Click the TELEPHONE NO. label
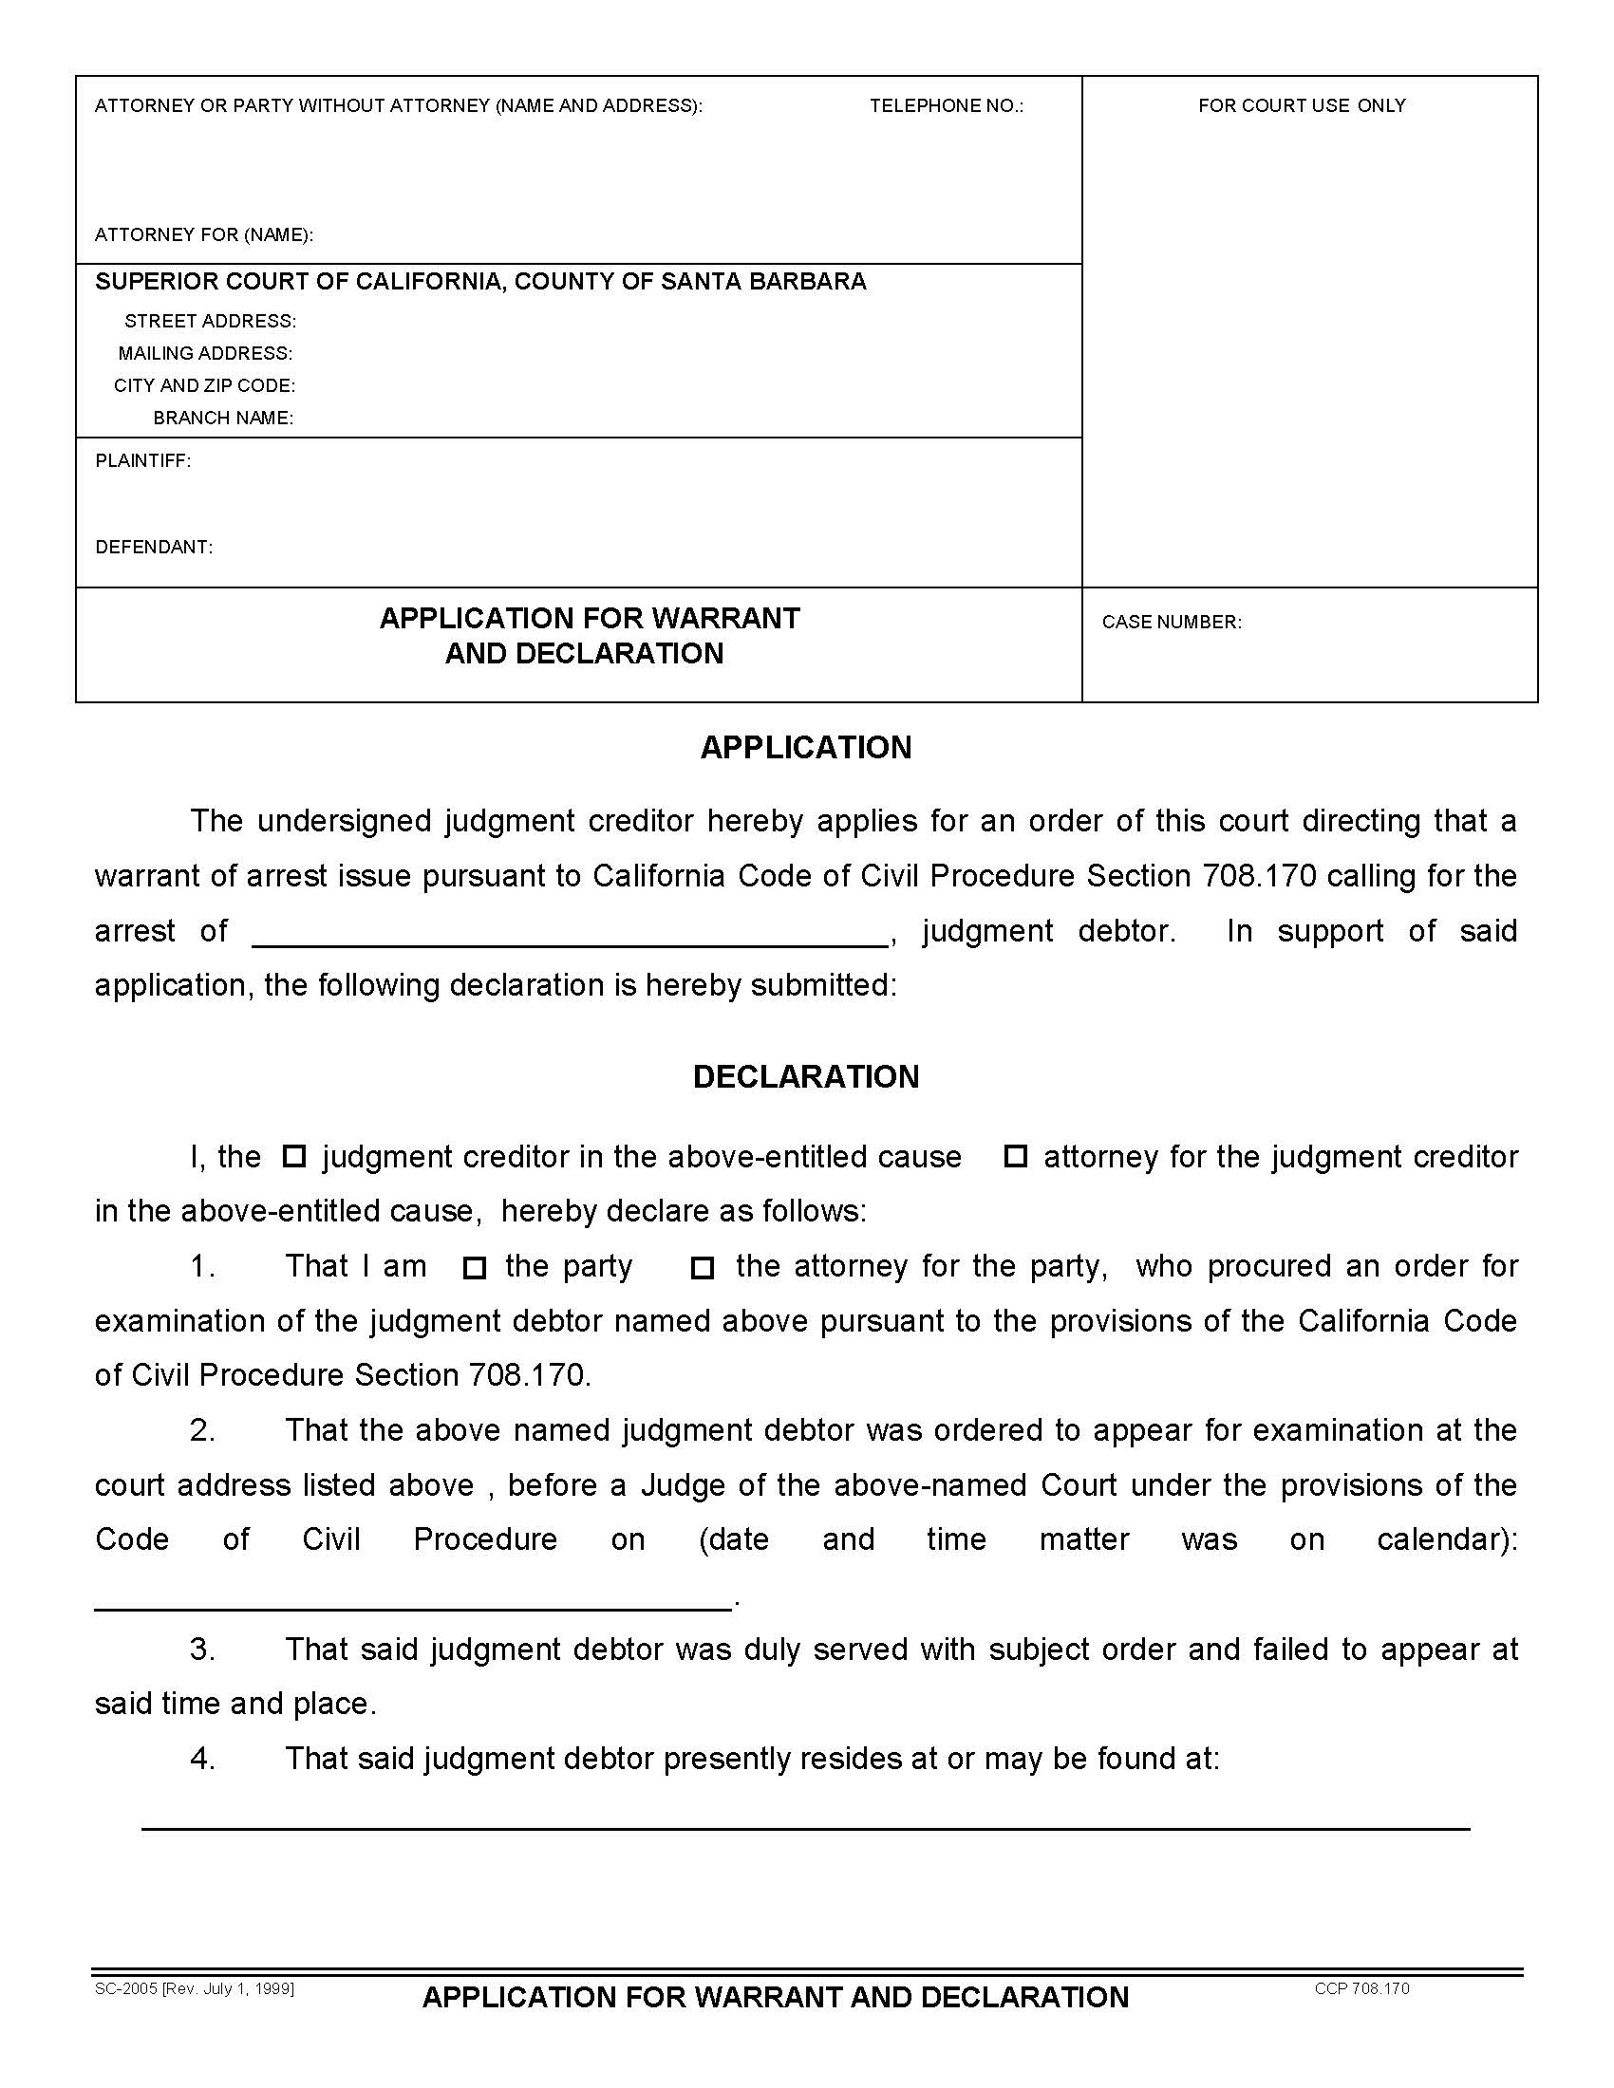tap(946, 106)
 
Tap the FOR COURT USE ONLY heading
tap(1302, 106)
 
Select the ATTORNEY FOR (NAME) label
tap(204, 235)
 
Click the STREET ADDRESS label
tap(211, 321)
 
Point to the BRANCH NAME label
tap(223, 418)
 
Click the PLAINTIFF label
tap(142, 461)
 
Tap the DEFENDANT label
tap(154, 547)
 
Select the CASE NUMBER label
tap(1172, 623)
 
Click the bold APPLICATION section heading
tap(805, 748)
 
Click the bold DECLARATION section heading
tap(805, 1077)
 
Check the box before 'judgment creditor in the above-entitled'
tap(294, 1157)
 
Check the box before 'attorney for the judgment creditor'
tap(1015, 1157)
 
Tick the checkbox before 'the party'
tap(475, 1268)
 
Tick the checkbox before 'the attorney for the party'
tap(703, 1268)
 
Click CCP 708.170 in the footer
tap(1361, 1988)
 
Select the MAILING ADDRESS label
tap(206, 354)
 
